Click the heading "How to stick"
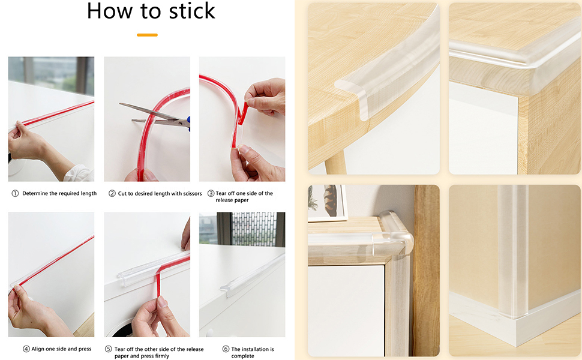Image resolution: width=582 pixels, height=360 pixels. pyautogui.click(x=151, y=12)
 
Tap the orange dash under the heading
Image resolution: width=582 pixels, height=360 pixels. pyautogui.click(x=147, y=35)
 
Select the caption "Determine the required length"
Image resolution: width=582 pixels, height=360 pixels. pyautogui.click(x=59, y=193)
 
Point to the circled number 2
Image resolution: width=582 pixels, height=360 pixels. pyautogui.click(x=112, y=193)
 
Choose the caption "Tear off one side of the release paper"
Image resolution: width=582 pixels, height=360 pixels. pyautogui.click(x=244, y=197)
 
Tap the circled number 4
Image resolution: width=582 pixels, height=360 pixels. pyautogui.click(x=26, y=349)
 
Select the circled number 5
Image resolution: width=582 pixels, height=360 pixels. pyautogui.click(x=108, y=349)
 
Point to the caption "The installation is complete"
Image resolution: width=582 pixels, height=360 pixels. pyautogui.click(x=253, y=352)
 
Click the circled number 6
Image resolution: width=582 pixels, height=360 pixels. pyautogui.click(x=226, y=349)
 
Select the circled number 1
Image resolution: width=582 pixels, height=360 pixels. pyautogui.click(x=15, y=193)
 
